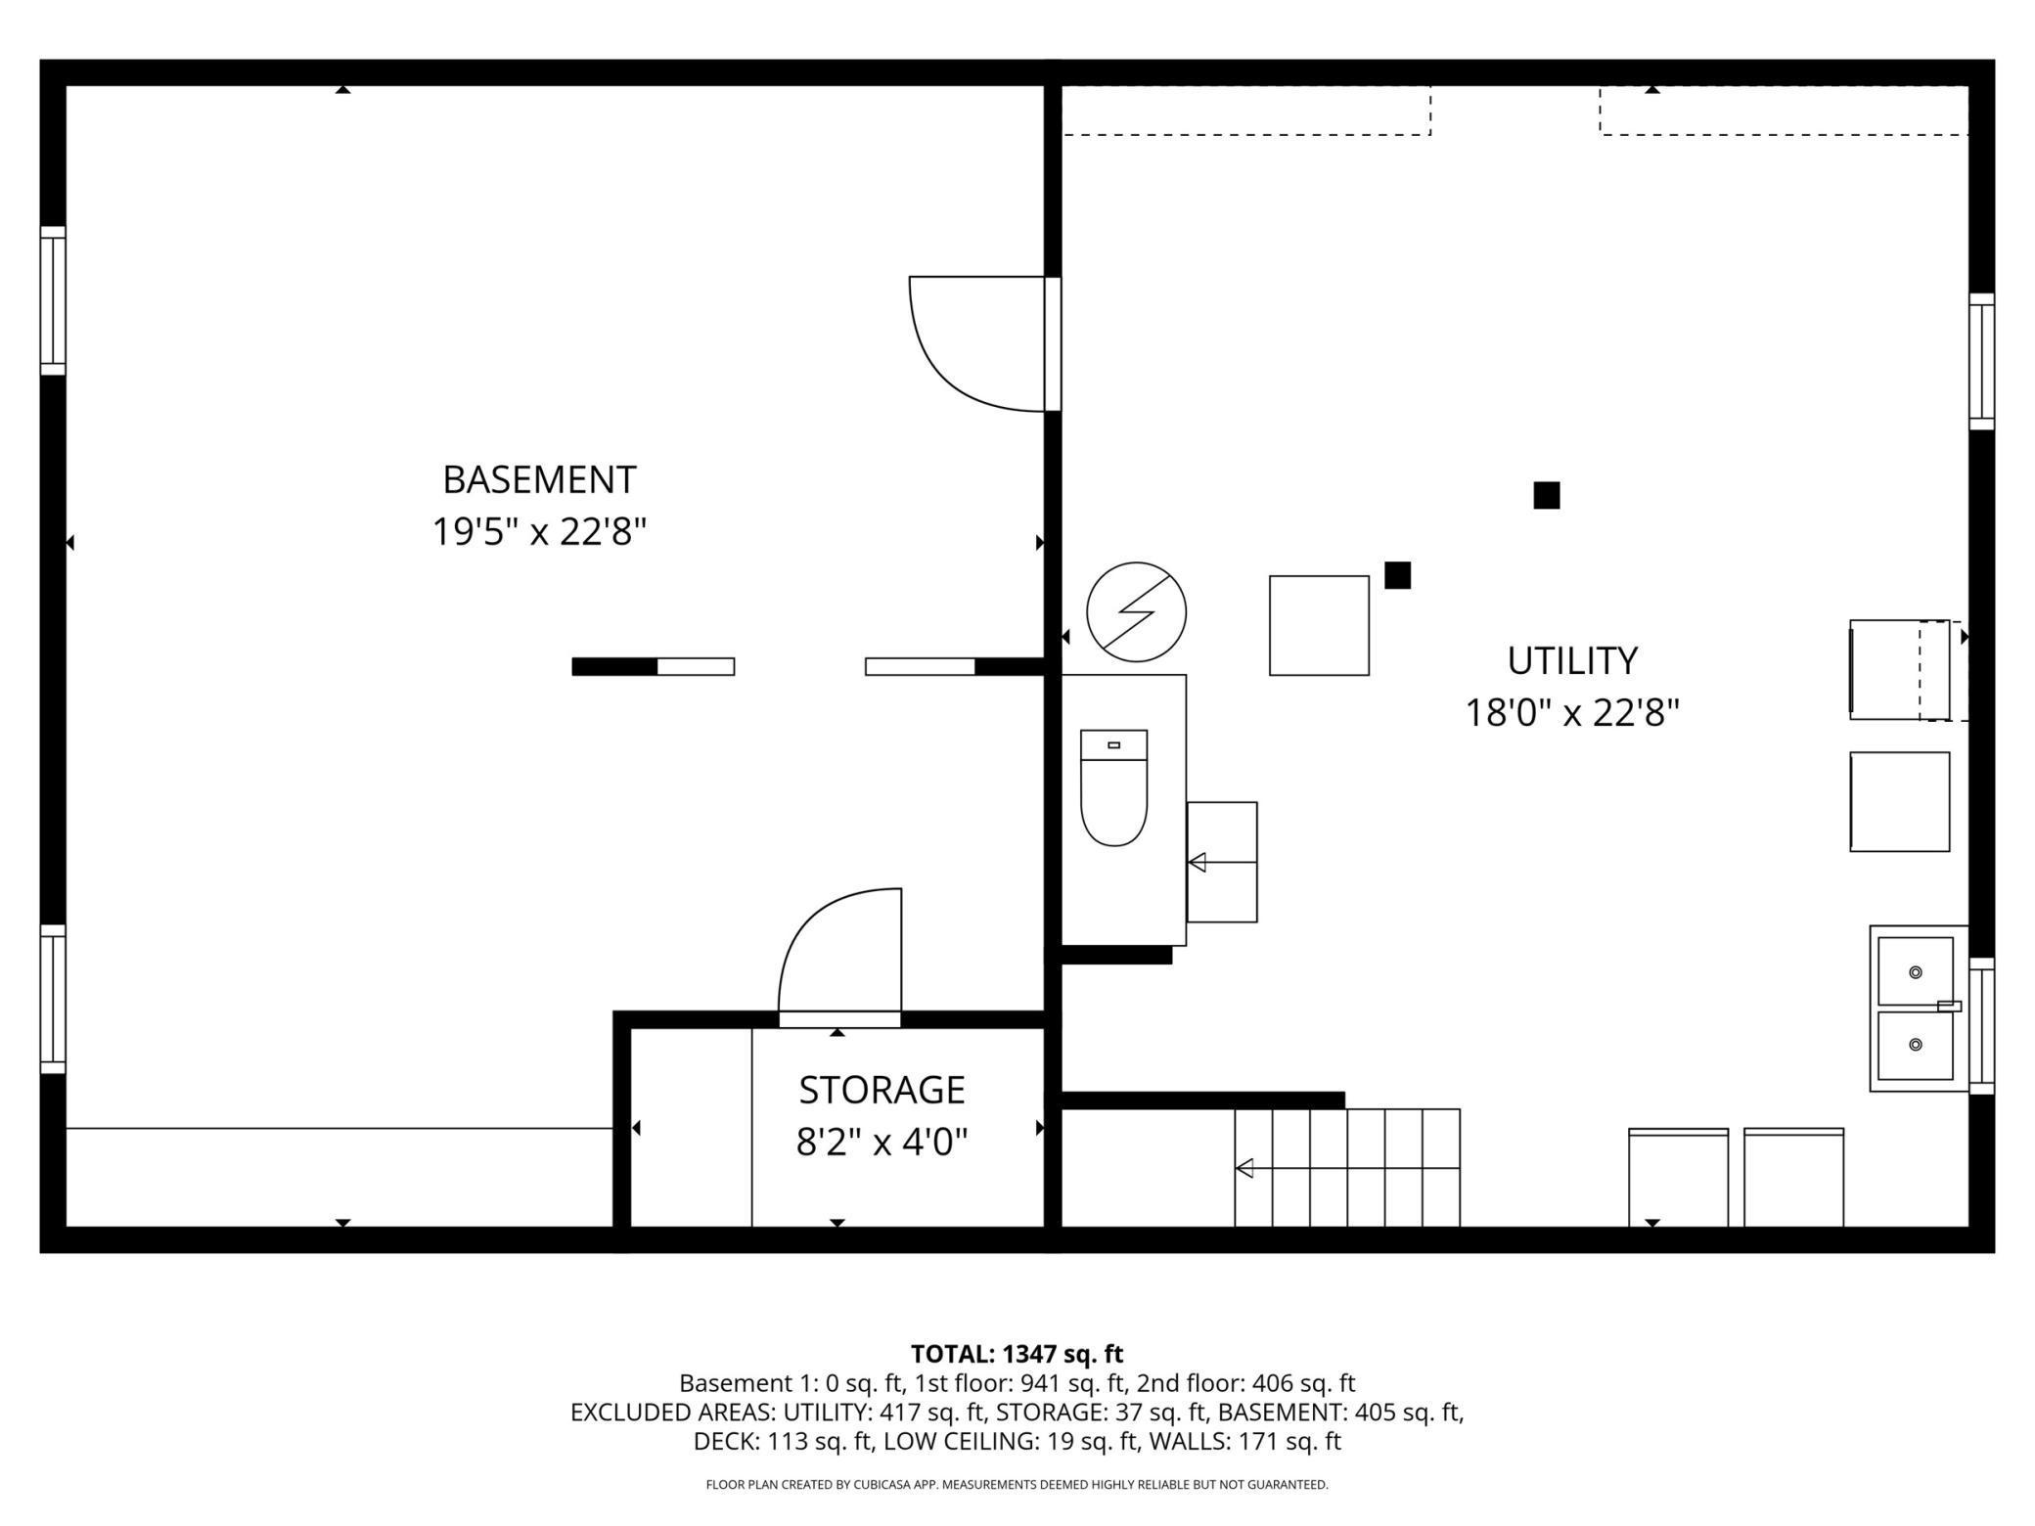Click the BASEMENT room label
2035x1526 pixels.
click(539, 480)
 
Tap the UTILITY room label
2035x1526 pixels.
click(1572, 661)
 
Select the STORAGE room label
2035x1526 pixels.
click(882, 1090)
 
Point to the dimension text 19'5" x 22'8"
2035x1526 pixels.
click(539, 533)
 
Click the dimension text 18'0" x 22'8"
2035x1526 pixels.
click(1572, 713)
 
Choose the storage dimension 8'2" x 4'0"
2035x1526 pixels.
click(882, 1142)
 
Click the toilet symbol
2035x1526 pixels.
click(1113, 787)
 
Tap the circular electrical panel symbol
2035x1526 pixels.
click(1136, 612)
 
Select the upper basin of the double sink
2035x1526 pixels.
click(1915, 971)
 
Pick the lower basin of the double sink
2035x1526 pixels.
click(1915, 1046)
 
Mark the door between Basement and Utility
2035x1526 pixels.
click(1053, 343)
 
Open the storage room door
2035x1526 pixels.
click(839, 1019)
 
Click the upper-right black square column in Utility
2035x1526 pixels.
click(1546, 496)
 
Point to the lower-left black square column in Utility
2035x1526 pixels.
click(1397, 575)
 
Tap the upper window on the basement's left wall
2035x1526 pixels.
click(53, 300)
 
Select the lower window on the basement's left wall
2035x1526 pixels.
click(53, 999)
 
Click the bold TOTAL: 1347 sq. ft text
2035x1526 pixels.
click(1017, 1354)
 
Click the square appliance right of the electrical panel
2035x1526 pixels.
click(1319, 625)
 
